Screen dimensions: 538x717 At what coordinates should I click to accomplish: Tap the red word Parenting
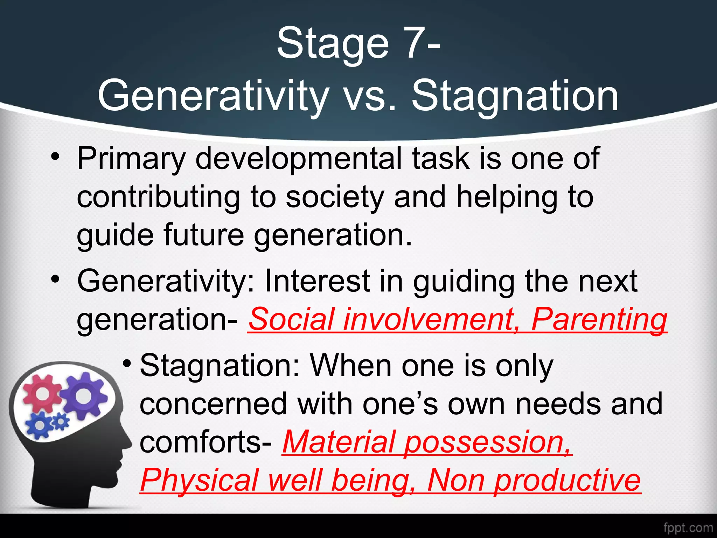tap(599, 320)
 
